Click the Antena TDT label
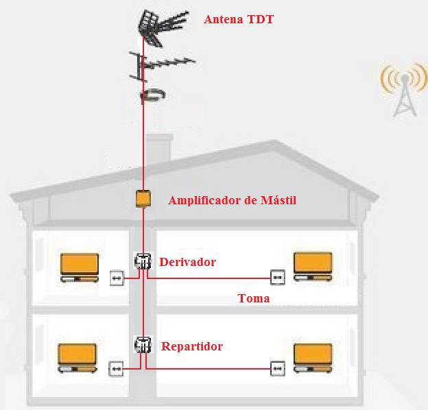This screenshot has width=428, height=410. pyautogui.click(x=239, y=19)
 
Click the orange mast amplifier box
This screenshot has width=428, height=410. pyautogui.click(x=143, y=200)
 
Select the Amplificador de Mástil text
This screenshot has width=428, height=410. pyautogui.click(x=232, y=200)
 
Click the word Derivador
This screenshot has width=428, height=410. pyautogui.click(x=187, y=262)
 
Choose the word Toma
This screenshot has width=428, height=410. pyautogui.click(x=253, y=298)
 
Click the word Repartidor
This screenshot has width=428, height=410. pyautogui.click(x=191, y=346)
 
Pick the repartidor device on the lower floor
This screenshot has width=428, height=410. pyautogui.click(x=143, y=345)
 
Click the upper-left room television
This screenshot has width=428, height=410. pyautogui.click(x=80, y=267)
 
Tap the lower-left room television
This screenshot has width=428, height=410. pyautogui.click(x=77, y=357)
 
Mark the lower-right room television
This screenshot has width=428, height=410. pyautogui.click(x=313, y=358)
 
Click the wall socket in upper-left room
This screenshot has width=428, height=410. pyautogui.click(x=117, y=278)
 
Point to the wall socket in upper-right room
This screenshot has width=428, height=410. pyautogui.click(x=277, y=277)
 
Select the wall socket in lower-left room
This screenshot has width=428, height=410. pyautogui.click(x=117, y=369)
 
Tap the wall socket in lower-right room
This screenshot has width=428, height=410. pyautogui.click(x=277, y=368)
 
